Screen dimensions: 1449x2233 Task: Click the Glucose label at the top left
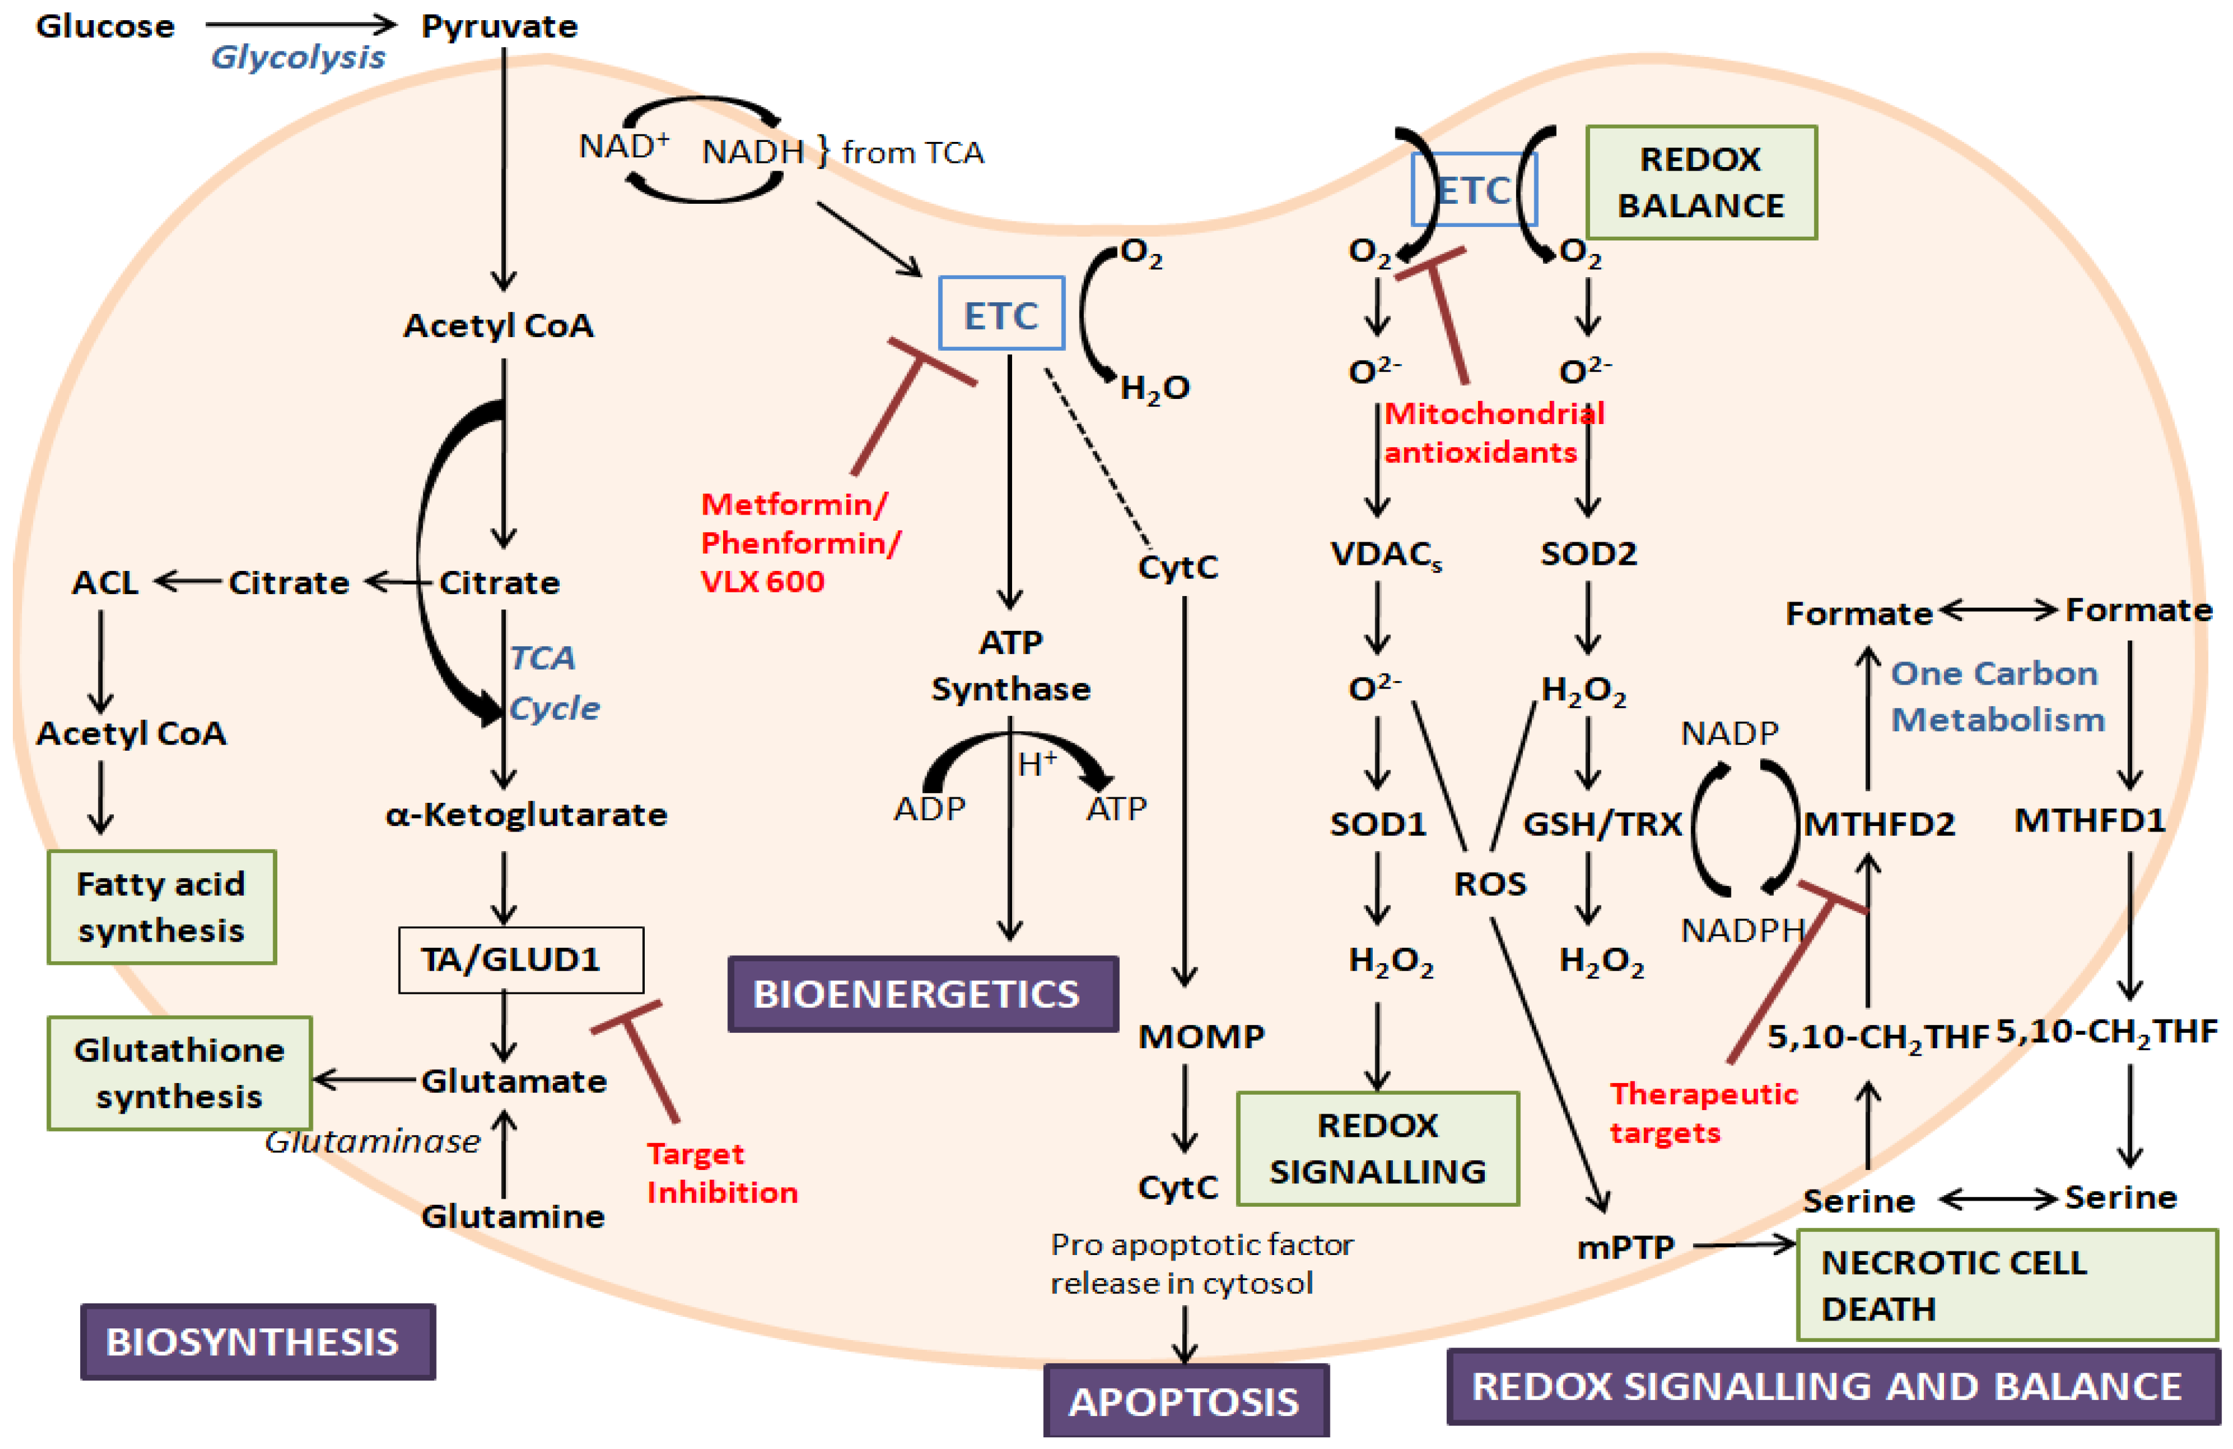[x=105, y=26]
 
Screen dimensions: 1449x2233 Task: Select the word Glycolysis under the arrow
[x=298, y=57]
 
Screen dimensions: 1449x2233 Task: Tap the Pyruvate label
[x=499, y=26]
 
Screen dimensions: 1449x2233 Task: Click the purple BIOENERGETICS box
[x=922, y=994]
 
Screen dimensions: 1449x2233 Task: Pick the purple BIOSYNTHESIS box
[x=257, y=1341]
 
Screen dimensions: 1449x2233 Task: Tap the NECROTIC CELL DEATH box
[x=2006, y=1286]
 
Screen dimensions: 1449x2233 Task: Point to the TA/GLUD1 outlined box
[x=520, y=959]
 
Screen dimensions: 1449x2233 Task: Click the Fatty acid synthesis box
[x=162, y=907]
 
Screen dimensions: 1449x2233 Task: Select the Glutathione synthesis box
[x=179, y=1073]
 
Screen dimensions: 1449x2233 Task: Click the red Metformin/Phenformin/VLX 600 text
[x=800, y=543]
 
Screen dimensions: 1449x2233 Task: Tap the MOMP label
[x=1201, y=1037]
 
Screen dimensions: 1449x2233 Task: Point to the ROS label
[x=1490, y=884]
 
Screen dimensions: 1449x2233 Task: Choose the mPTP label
[x=1626, y=1247]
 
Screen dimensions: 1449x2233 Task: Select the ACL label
[x=105, y=583]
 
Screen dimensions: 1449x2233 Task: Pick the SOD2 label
[x=1588, y=553]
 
